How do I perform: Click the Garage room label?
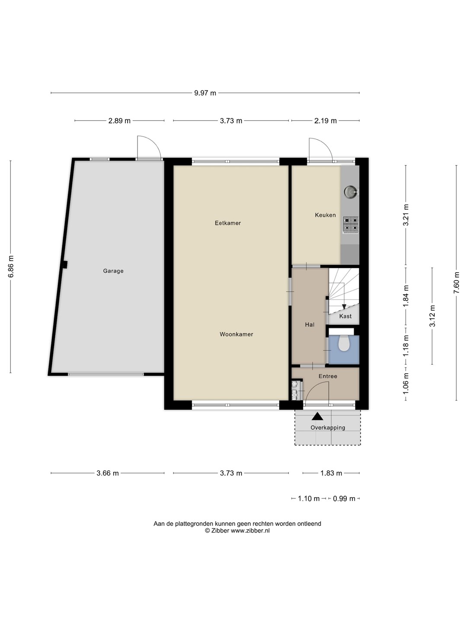pyautogui.click(x=113, y=271)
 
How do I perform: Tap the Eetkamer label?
pyautogui.click(x=228, y=223)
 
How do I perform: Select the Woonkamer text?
pyautogui.click(x=236, y=334)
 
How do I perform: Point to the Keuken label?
pyautogui.click(x=325, y=215)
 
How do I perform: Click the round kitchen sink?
pyautogui.click(x=350, y=192)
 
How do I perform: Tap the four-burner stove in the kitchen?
pyautogui.click(x=350, y=225)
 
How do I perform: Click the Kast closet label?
pyautogui.click(x=345, y=316)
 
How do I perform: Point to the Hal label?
pyautogui.click(x=310, y=325)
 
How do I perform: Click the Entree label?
pyautogui.click(x=328, y=376)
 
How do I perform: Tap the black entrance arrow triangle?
pyautogui.click(x=317, y=416)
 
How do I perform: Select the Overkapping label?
pyautogui.click(x=328, y=427)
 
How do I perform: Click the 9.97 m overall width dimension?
pyautogui.click(x=205, y=93)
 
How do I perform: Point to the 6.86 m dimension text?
pyautogui.click(x=11, y=267)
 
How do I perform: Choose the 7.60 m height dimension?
pyautogui.click(x=457, y=283)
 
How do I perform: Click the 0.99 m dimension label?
pyautogui.click(x=344, y=499)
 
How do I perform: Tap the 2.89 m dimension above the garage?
pyautogui.click(x=119, y=121)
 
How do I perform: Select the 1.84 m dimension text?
pyautogui.click(x=406, y=296)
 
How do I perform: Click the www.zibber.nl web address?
pyautogui.click(x=250, y=531)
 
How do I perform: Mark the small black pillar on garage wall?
pyautogui.click(x=65, y=264)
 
